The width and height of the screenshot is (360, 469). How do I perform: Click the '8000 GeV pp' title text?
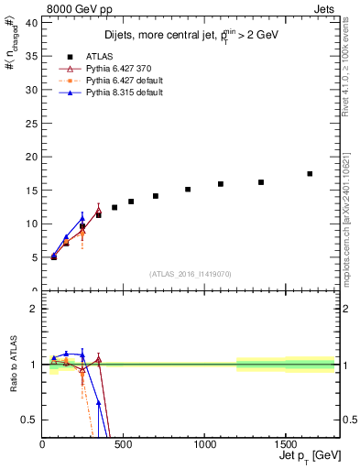[76, 8]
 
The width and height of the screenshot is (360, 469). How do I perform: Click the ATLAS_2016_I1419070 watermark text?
[190, 273]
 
